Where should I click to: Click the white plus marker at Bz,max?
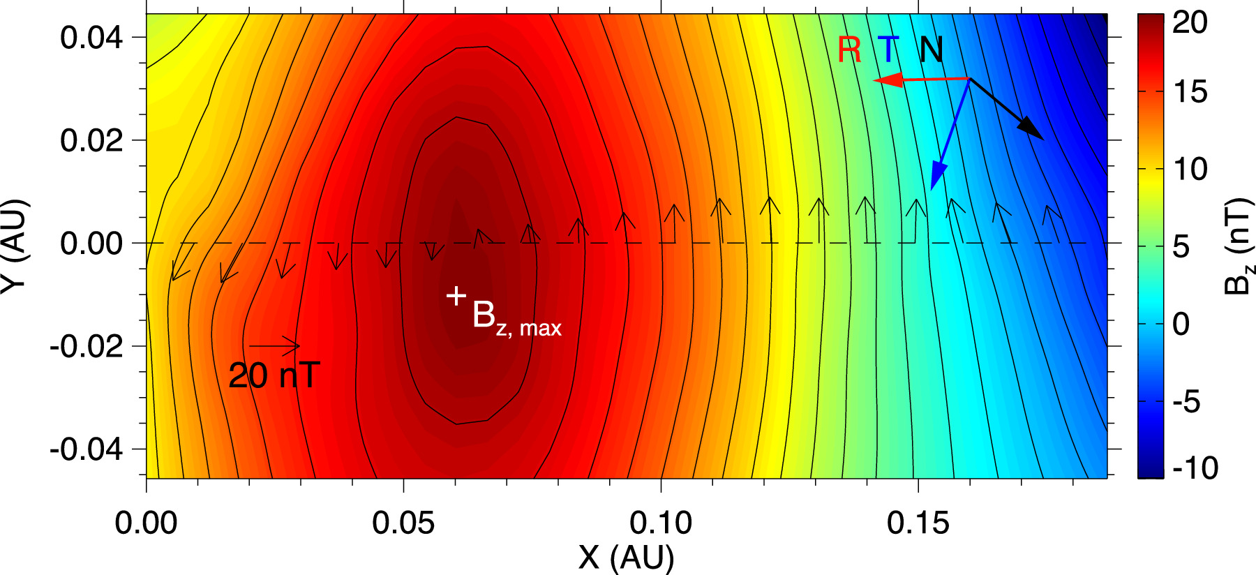pos(456,296)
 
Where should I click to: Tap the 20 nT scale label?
pos(274,375)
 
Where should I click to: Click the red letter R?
pos(849,50)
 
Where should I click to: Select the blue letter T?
pos(889,50)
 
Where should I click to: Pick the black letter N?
pos(931,50)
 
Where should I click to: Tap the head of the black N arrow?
pos(1041,137)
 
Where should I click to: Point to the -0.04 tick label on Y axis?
pos(86,449)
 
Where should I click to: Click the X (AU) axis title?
pos(626,558)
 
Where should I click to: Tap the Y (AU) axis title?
pos(14,245)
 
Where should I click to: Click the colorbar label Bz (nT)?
pos(1239,245)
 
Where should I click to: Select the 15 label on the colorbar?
pos(1190,91)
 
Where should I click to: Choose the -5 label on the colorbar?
pos(1186,401)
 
